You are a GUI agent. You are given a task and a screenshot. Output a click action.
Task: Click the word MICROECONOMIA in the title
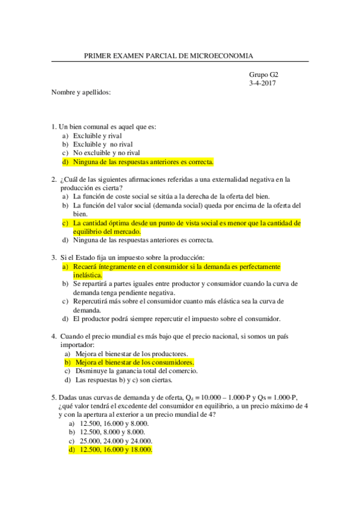(x=222, y=55)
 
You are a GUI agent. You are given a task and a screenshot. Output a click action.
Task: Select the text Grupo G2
(x=263, y=75)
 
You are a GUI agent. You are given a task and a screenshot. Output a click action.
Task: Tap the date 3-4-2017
(x=263, y=83)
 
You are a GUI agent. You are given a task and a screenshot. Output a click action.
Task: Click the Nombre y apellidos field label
(x=81, y=92)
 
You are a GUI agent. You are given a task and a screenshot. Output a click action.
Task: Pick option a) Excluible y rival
(x=97, y=136)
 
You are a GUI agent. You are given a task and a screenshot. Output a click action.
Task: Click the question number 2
(x=54, y=179)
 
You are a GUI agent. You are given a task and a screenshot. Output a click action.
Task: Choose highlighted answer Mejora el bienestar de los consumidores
(x=135, y=363)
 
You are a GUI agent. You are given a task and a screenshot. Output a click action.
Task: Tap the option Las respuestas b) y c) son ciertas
(x=124, y=380)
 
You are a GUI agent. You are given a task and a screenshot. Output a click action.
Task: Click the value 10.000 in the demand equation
(x=210, y=398)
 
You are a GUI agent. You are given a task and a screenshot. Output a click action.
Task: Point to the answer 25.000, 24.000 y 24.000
(x=114, y=441)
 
